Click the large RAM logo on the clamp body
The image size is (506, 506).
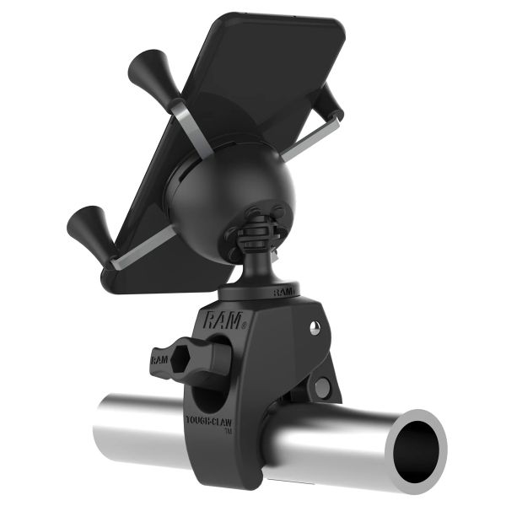click(x=221, y=319)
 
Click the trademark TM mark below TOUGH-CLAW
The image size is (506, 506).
click(x=228, y=432)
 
